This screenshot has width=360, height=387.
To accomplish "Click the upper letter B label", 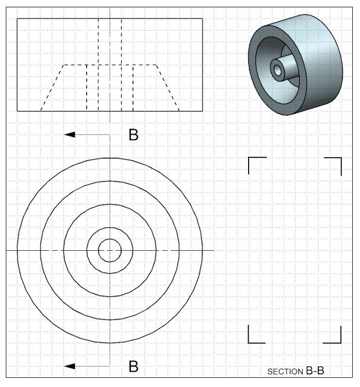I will [x=133, y=135].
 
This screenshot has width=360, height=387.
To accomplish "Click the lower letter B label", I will [x=133, y=366].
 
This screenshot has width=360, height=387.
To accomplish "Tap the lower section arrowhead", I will [x=70, y=366].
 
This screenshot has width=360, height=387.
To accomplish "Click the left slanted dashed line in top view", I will [x=52, y=88].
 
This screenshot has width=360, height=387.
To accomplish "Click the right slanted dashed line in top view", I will [x=168, y=88].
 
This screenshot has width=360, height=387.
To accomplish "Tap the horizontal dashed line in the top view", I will [x=110, y=65].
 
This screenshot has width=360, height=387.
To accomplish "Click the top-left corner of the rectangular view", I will [x=18, y=18].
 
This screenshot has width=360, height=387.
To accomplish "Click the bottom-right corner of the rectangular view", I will [x=202, y=111].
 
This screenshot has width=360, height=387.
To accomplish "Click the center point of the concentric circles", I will [x=110, y=250].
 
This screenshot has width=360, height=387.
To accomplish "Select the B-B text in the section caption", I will [x=315, y=371].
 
